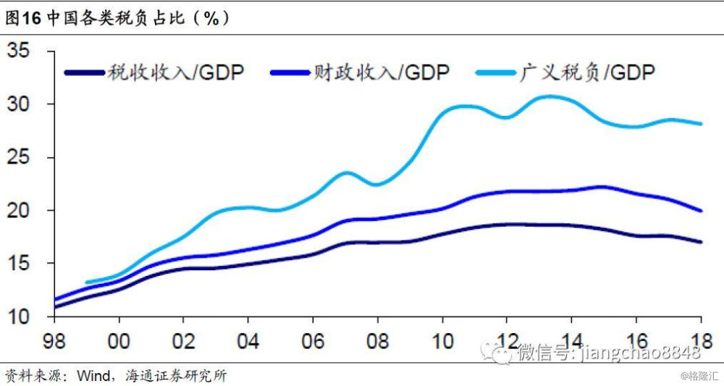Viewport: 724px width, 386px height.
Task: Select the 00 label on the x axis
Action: pos(119,337)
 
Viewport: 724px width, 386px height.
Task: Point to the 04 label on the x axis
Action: pos(248,337)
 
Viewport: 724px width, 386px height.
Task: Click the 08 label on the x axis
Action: pos(377,337)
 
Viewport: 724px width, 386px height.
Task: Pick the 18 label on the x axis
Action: pos(700,337)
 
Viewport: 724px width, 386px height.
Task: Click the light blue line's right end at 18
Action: pos(700,124)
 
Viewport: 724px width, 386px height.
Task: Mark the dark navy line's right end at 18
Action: pos(700,242)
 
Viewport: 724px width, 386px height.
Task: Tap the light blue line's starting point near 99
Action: pos(87,282)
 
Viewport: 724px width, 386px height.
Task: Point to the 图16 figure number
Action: pos(22,19)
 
